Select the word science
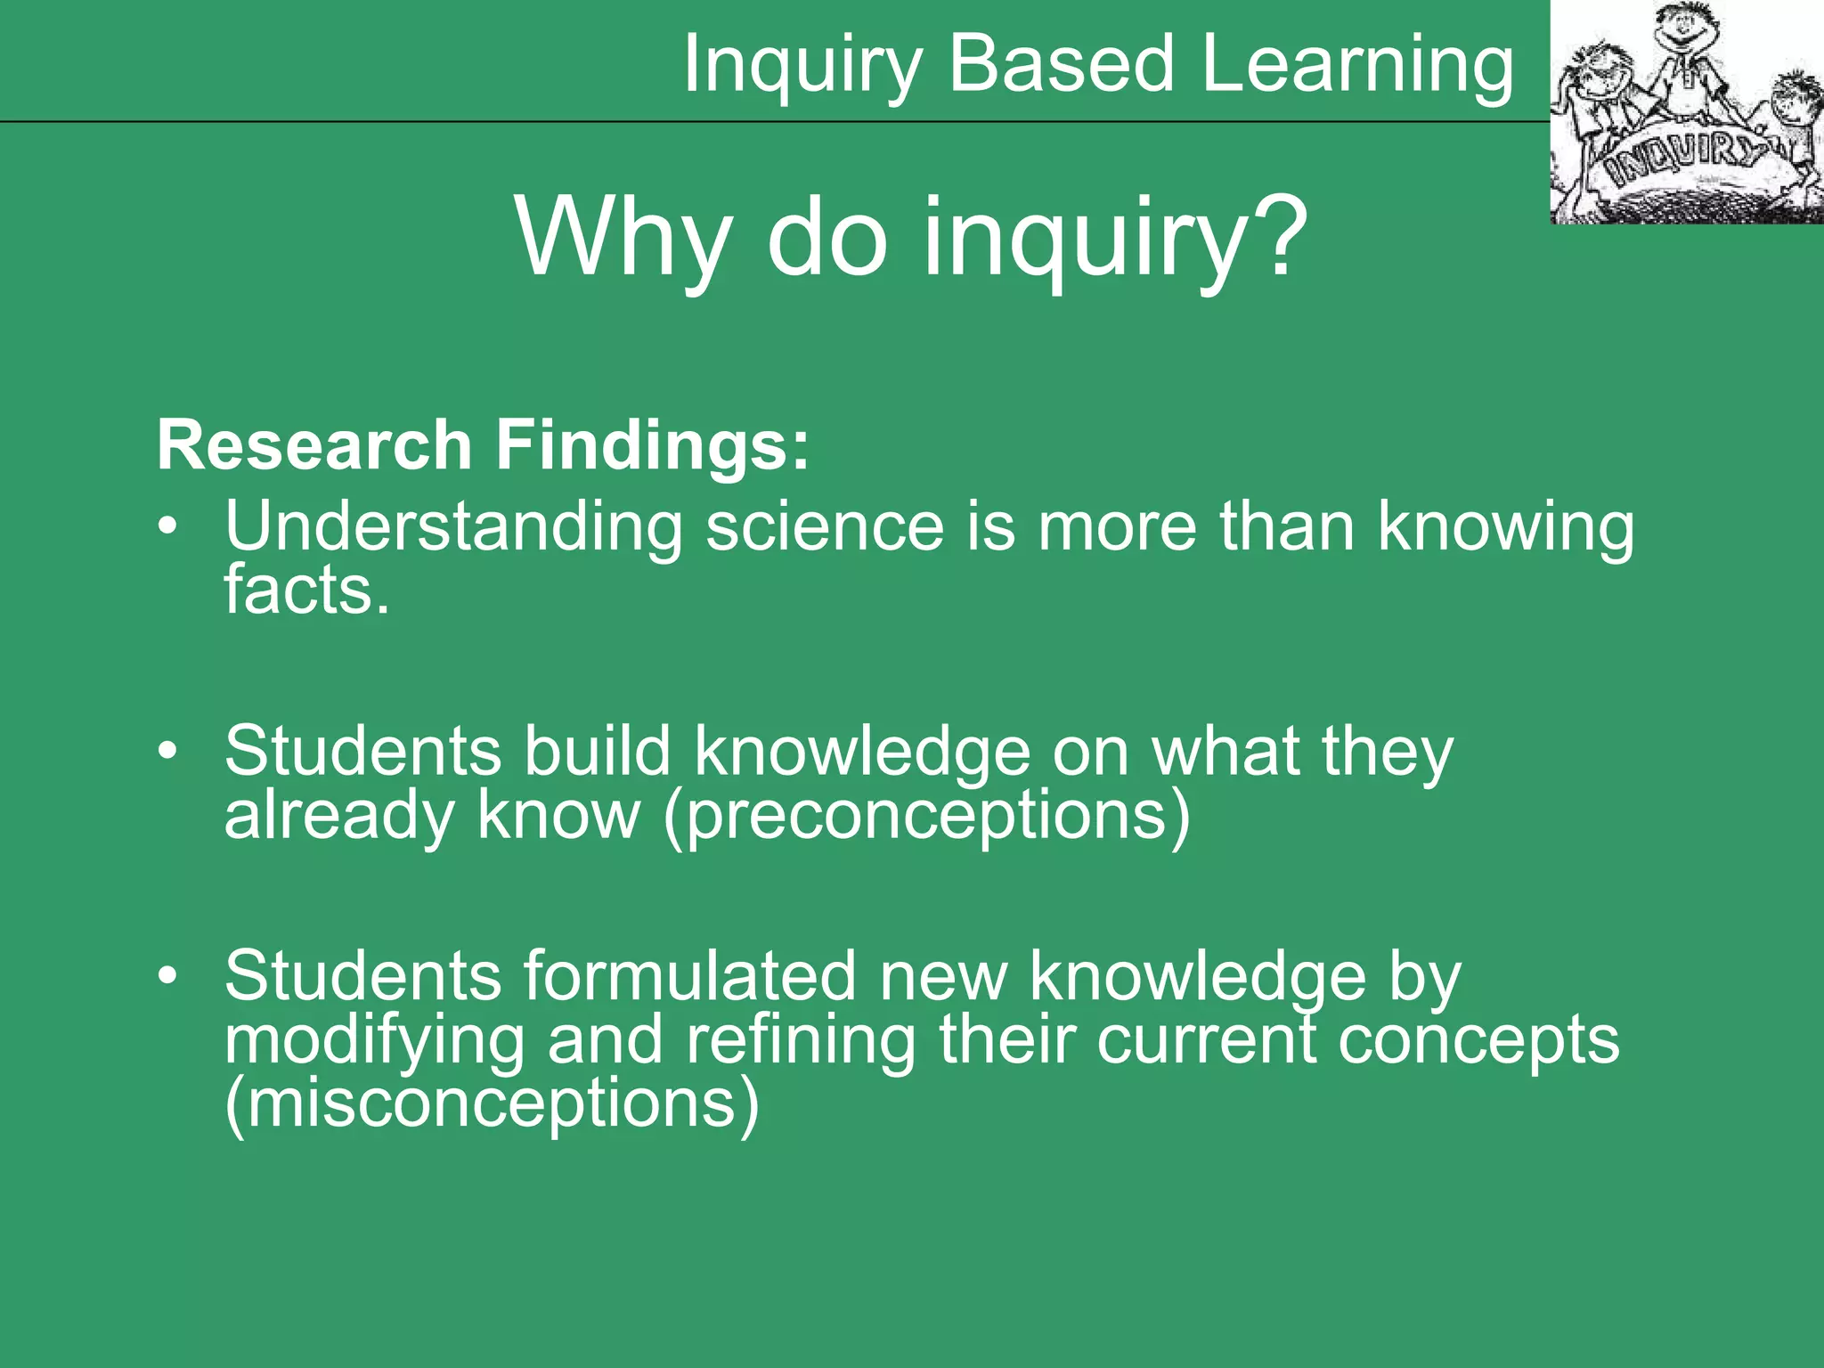point(825,526)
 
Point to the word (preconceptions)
point(926,815)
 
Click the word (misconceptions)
point(493,1103)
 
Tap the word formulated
point(689,976)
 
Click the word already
point(339,815)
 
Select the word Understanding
point(453,526)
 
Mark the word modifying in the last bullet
point(374,1040)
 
